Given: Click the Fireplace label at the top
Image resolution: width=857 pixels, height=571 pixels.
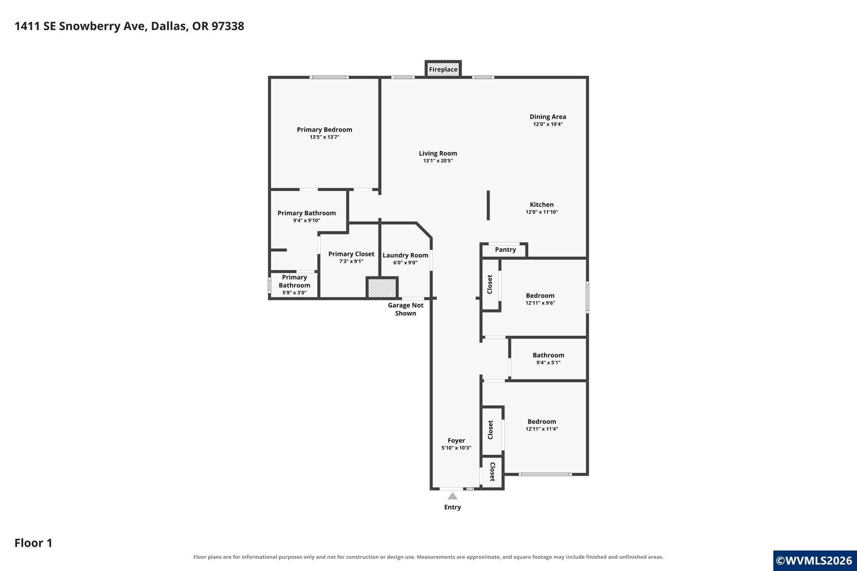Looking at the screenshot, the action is click(x=443, y=69).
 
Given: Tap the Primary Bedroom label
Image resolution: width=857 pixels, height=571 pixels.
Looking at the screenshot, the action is click(x=324, y=130).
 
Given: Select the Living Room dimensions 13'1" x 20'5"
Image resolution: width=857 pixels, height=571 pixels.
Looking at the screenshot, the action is click(x=438, y=161).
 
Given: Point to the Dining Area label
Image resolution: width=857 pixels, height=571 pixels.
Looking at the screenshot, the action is click(x=548, y=117).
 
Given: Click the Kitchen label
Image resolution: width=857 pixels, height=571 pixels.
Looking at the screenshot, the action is click(x=542, y=205).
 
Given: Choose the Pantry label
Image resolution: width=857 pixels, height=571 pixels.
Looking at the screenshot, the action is click(x=505, y=250).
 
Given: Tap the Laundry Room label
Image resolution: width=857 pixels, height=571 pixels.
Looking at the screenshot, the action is click(x=405, y=255).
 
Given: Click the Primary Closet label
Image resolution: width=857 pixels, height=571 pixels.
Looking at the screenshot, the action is click(x=351, y=254).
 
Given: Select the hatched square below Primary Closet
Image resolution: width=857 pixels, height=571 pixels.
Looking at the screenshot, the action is click(x=382, y=287).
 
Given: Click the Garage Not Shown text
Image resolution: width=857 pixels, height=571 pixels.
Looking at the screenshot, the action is click(x=405, y=309).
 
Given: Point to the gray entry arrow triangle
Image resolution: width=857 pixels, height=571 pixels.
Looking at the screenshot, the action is click(x=452, y=496).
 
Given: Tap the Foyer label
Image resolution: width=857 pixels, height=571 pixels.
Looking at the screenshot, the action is click(x=456, y=440).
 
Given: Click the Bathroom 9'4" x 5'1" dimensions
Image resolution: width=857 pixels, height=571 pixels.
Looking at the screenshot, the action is click(x=548, y=363).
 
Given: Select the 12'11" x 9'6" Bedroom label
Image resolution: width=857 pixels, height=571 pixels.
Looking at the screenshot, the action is click(x=540, y=296).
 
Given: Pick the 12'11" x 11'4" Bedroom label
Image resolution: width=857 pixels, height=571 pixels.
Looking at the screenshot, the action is click(x=542, y=422).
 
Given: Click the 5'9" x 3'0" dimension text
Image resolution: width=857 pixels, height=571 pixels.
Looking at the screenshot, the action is click(x=294, y=293).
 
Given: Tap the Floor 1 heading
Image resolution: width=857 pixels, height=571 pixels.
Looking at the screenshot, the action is click(x=33, y=543).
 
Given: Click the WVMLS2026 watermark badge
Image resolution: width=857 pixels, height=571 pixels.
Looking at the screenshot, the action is click(x=815, y=561).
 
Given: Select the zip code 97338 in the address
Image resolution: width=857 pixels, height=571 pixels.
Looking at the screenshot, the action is click(x=228, y=26).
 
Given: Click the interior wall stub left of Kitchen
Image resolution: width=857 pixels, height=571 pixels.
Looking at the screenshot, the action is click(x=488, y=205).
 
